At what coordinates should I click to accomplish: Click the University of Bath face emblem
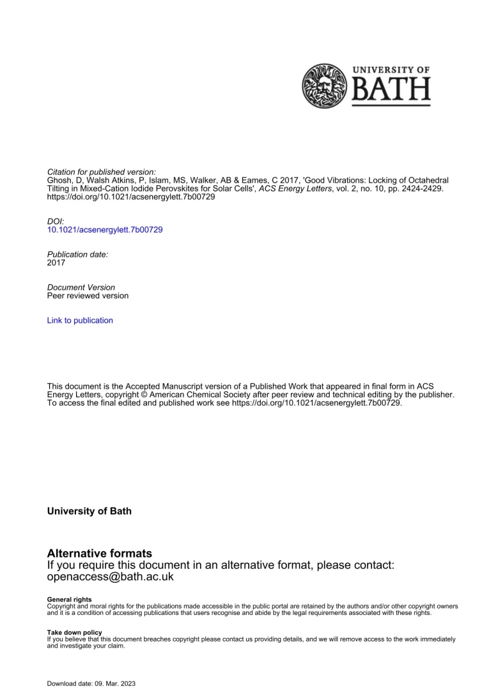pyautogui.click(x=324, y=86)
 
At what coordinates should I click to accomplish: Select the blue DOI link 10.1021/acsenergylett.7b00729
pyautogui.click(x=105, y=230)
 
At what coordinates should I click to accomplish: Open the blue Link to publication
pyautogui.click(x=80, y=321)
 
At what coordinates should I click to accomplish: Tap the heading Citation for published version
pyautogui.click(x=102, y=172)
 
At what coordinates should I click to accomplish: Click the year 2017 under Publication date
pyautogui.click(x=56, y=262)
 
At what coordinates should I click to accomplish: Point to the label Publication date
pyautogui.click(x=78, y=254)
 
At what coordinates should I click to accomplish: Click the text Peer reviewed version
pyautogui.click(x=88, y=296)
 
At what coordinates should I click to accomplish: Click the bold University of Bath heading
pyautogui.click(x=90, y=511)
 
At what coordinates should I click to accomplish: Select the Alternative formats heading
pyautogui.click(x=100, y=553)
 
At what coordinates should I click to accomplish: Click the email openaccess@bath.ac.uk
pyautogui.click(x=111, y=577)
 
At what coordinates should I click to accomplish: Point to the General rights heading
pyautogui.click(x=69, y=599)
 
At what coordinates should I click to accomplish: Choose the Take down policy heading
pyautogui.click(x=74, y=632)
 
